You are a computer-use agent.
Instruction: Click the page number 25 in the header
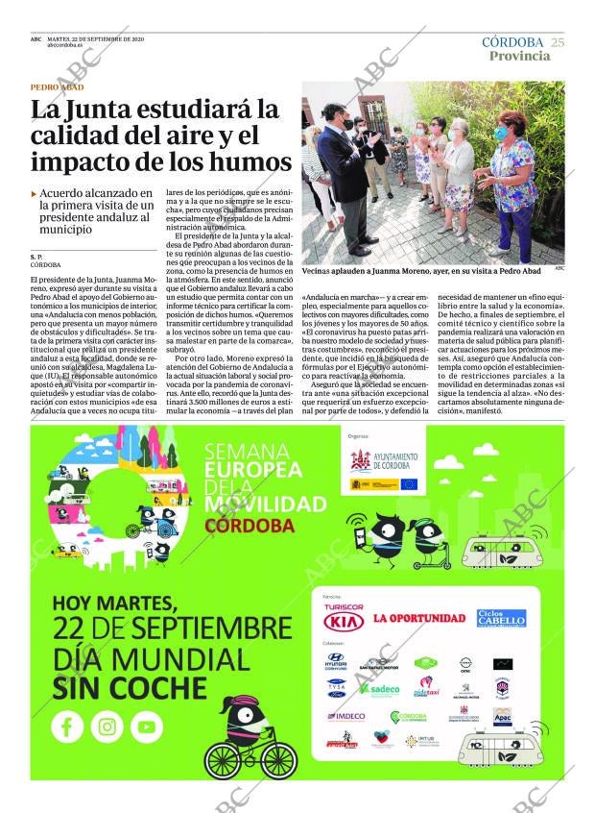tap(558, 42)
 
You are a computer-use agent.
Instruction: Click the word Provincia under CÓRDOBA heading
tap(519, 56)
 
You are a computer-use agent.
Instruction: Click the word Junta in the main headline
tap(118, 110)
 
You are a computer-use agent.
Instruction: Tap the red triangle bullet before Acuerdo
tap(35, 193)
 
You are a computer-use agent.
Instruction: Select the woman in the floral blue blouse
tap(512, 183)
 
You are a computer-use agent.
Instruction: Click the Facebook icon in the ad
tap(67, 727)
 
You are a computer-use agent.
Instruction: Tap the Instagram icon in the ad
tap(107, 727)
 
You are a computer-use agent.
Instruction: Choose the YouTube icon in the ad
tap(147, 727)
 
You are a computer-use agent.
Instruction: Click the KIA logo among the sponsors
tap(343, 621)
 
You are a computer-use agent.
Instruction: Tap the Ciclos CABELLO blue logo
tap(501, 617)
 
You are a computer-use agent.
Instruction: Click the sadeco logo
tap(383, 689)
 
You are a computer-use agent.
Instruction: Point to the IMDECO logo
tap(345, 716)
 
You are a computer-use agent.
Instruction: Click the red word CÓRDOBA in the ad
tap(250, 526)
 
